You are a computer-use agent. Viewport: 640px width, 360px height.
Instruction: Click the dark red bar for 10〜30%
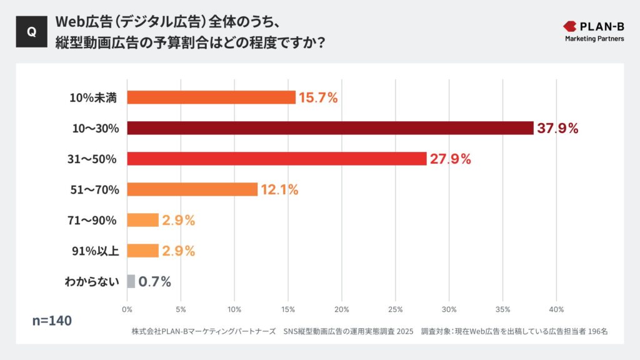click(x=330, y=128)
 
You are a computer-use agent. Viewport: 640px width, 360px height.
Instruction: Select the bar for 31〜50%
click(x=276, y=159)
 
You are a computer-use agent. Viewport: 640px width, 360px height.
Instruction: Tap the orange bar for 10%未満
click(x=211, y=97)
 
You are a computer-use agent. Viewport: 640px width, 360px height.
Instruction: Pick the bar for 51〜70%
click(x=192, y=189)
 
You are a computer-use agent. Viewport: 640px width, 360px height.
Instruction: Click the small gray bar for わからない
click(x=131, y=281)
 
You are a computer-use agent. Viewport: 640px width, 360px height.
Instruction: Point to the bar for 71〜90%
click(x=142, y=220)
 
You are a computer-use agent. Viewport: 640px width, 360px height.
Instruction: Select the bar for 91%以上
click(x=142, y=251)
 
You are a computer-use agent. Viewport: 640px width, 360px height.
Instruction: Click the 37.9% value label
click(x=557, y=128)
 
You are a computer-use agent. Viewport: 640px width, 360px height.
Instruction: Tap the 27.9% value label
click(x=450, y=159)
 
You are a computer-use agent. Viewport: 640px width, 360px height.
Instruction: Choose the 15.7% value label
click(x=318, y=97)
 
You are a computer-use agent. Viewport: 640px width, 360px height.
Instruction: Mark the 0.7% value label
click(x=154, y=281)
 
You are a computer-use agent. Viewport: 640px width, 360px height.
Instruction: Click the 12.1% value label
click(x=279, y=189)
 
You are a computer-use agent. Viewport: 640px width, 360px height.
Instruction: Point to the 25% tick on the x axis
click(x=395, y=309)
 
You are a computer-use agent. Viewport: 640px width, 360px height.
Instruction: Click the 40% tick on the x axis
click(x=556, y=309)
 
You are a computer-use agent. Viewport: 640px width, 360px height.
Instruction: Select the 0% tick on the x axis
click(x=127, y=309)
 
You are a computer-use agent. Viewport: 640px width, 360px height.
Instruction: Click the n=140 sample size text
click(x=52, y=321)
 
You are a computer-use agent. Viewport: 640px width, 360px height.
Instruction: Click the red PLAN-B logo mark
click(x=570, y=26)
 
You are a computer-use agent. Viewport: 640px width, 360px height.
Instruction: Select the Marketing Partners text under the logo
click(x=594, y=39)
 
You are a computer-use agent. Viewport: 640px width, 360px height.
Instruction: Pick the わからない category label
click(x=91, y=281)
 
